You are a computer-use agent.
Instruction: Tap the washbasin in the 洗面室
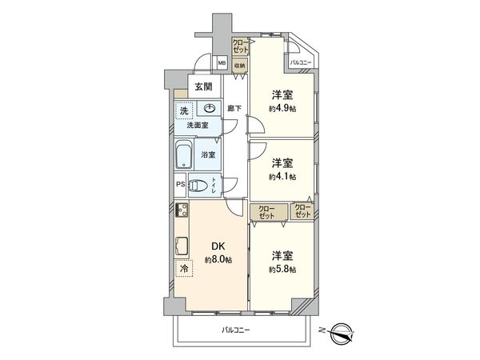(x=210, y=110)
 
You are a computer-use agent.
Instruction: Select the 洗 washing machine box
(x=185, y=111)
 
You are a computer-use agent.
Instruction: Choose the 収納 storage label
(x=239, y=66)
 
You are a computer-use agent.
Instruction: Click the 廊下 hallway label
(x=234, y=108)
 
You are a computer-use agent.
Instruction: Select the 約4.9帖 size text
(x=282, y=109)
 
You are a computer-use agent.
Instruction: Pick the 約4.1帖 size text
(x=282, y=176)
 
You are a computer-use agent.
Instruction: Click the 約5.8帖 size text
(x=282, y=270)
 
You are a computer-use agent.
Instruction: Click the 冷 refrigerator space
(x=184, y=270)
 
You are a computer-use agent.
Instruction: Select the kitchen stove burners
(x=182, y=212)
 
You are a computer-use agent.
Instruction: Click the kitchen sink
(x=182, y=246)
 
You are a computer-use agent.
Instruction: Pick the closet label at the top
(x=240, y=46)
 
